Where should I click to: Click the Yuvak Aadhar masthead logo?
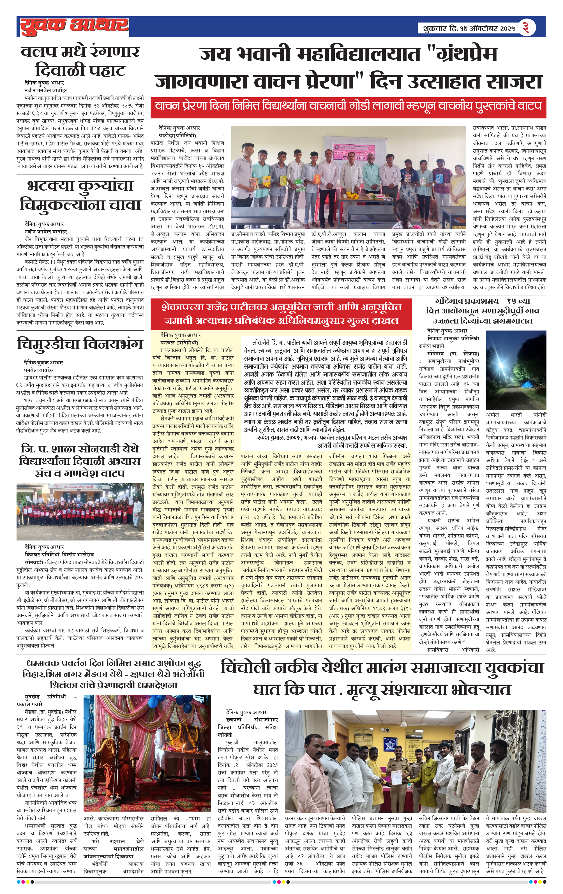pyautogui.click(x=74, y=26)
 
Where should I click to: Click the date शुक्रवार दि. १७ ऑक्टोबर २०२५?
pyautogui.click(x=469, y=28)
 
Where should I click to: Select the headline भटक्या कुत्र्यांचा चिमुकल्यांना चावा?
pyautogui.click(x=80, y=195)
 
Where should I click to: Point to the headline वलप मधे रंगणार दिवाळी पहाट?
pyautogui.click(x=80, y=61)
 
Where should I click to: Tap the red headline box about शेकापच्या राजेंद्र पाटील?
pyautogui.click(x=281, y=314)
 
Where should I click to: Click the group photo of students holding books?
pyautogui.click(x=348, y=177)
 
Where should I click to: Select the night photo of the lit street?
pyautogui.click(x=516, y=370)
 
